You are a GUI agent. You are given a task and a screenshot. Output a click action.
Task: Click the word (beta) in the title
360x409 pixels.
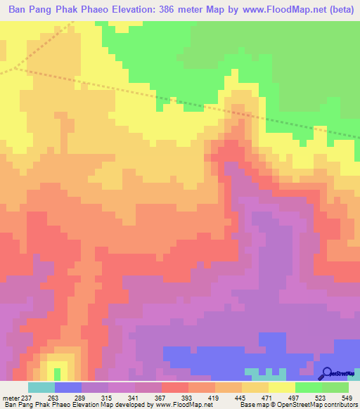pos(337,10)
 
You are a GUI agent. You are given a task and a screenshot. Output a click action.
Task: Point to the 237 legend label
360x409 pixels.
pos(27,398)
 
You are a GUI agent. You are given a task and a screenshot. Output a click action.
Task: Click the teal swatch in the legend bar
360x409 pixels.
pos(41,387)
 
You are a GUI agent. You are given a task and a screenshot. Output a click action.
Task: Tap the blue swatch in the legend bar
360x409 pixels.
pos(67,387)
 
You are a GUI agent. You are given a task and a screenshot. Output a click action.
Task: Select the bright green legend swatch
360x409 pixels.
pos(309,387)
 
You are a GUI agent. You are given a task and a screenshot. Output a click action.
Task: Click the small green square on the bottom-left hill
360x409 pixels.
pos(57,373)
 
